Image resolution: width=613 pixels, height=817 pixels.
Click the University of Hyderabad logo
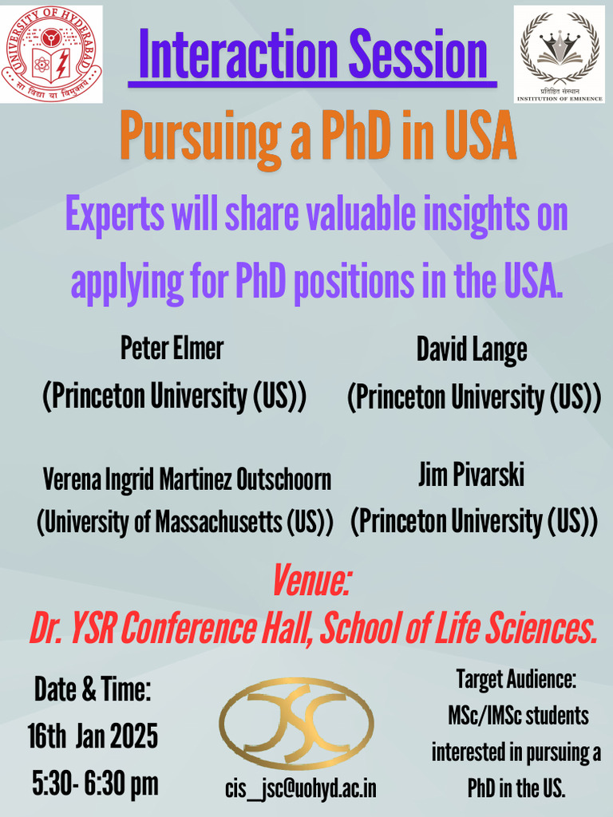click(x=51, y=53)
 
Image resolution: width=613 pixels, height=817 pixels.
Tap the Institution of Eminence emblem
click(x=559, y=54)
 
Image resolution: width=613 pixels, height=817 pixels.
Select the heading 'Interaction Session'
click(x=313, y=53)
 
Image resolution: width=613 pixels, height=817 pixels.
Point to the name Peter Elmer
click(x=172, y=348)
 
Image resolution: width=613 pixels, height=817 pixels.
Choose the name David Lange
click(x=472, y=349)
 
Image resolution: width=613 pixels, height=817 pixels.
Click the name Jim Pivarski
click(x=471, y=476)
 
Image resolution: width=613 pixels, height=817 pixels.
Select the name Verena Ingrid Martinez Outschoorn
click(x=187, y=480)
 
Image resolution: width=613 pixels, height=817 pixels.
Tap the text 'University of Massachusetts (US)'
click(x=185, y=523)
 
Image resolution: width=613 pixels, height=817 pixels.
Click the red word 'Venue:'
click(x=312, y=581)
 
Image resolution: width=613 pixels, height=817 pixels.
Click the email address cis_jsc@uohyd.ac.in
click(x=300, y=788)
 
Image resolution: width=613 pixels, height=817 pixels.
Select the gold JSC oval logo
click(x=297, y=723)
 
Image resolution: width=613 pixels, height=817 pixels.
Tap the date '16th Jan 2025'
click(x=93, y=736)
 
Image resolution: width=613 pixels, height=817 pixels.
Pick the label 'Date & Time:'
click(x=93, y=689)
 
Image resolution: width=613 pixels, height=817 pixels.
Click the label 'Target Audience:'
click(x=516, y=680)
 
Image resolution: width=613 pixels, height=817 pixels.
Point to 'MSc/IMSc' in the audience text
click(x=481, y=716)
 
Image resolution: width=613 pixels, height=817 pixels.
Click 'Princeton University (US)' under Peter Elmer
click(x=174, y=397)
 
